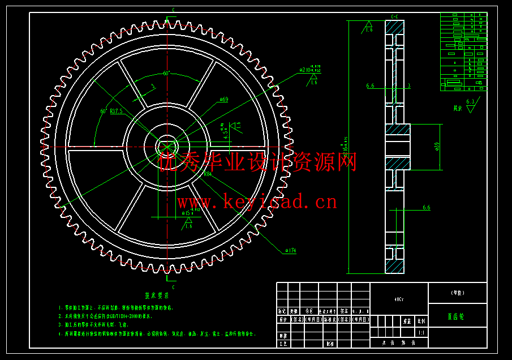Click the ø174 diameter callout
[291, 249]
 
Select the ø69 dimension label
[223, 100]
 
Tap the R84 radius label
[207, 174]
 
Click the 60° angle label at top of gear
[166, 73]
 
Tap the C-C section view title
[394, 16]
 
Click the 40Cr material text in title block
[399, 298]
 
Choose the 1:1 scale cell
[420, 333]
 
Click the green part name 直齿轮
[456, 317]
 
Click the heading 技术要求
[157, 295]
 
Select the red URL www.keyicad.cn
[257, 201]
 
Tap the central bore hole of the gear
[167, 146]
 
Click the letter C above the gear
[173, 10]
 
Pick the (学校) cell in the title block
[457, 293]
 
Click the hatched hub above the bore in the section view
[398, 130]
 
